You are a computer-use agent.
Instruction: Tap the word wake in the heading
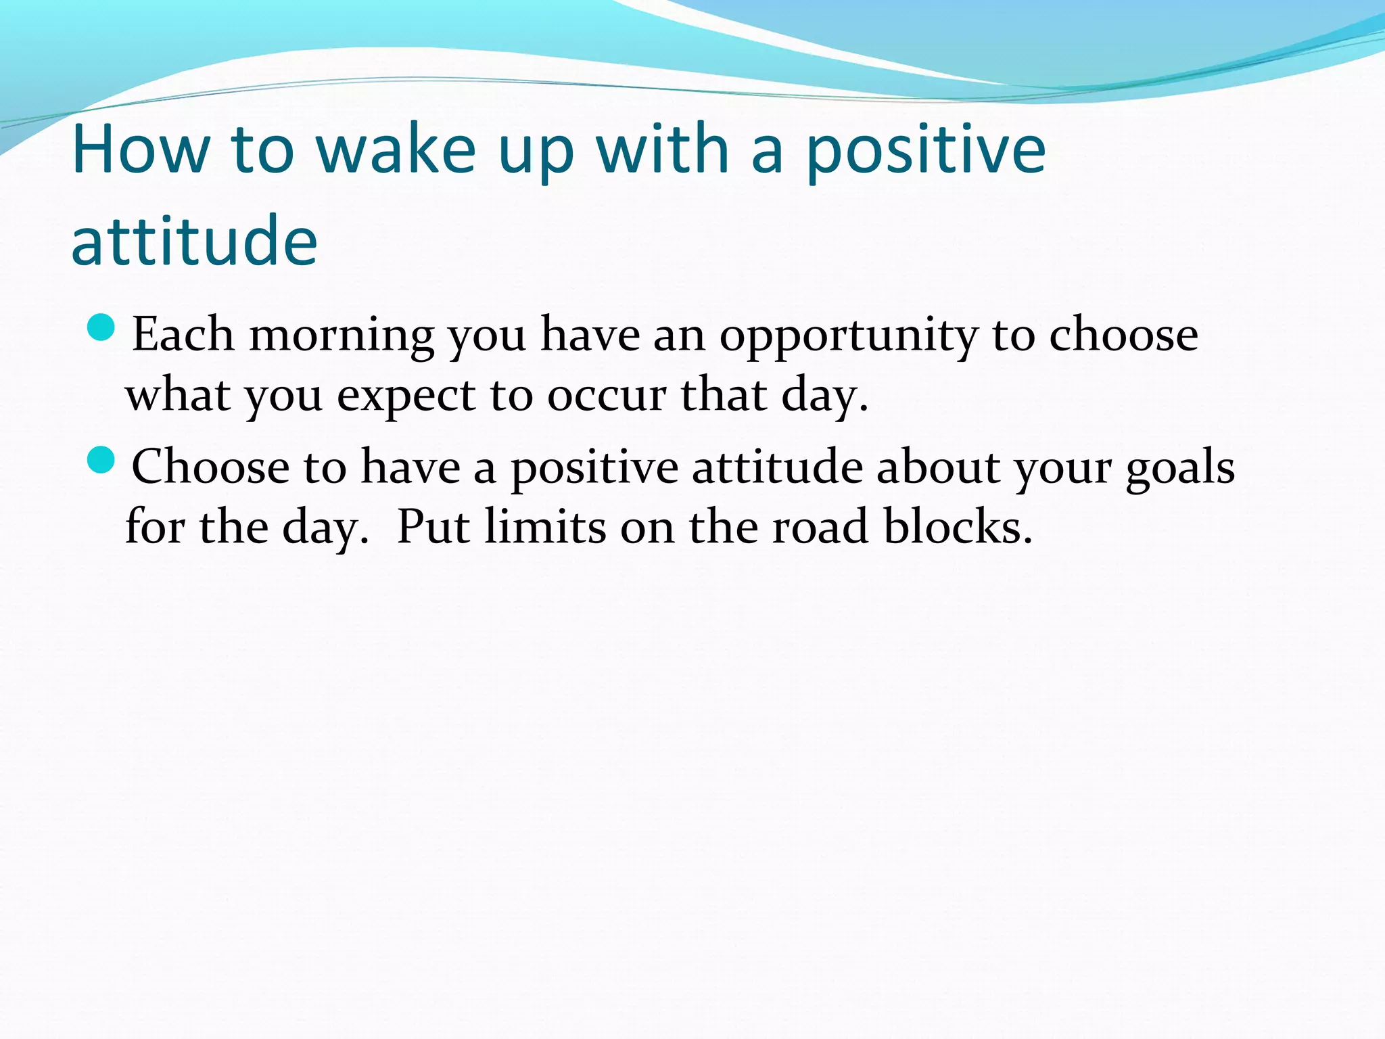[x=396, y=149]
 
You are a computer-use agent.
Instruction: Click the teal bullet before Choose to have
[x=101, y=460]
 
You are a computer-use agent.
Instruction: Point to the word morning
[x=342, y=336]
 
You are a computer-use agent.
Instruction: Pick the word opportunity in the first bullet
[x=848, y=336]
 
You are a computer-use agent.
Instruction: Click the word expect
[x=406, y=396]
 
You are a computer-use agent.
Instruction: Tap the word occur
[x=606, y=396]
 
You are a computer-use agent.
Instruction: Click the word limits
[x=545, y=528]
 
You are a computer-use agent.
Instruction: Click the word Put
[x=433, y=528]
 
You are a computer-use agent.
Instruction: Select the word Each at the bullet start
[x=183, y=335]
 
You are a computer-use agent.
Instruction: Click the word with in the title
[x=662, y=149]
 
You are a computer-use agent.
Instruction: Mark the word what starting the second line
[x=177, y=396]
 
